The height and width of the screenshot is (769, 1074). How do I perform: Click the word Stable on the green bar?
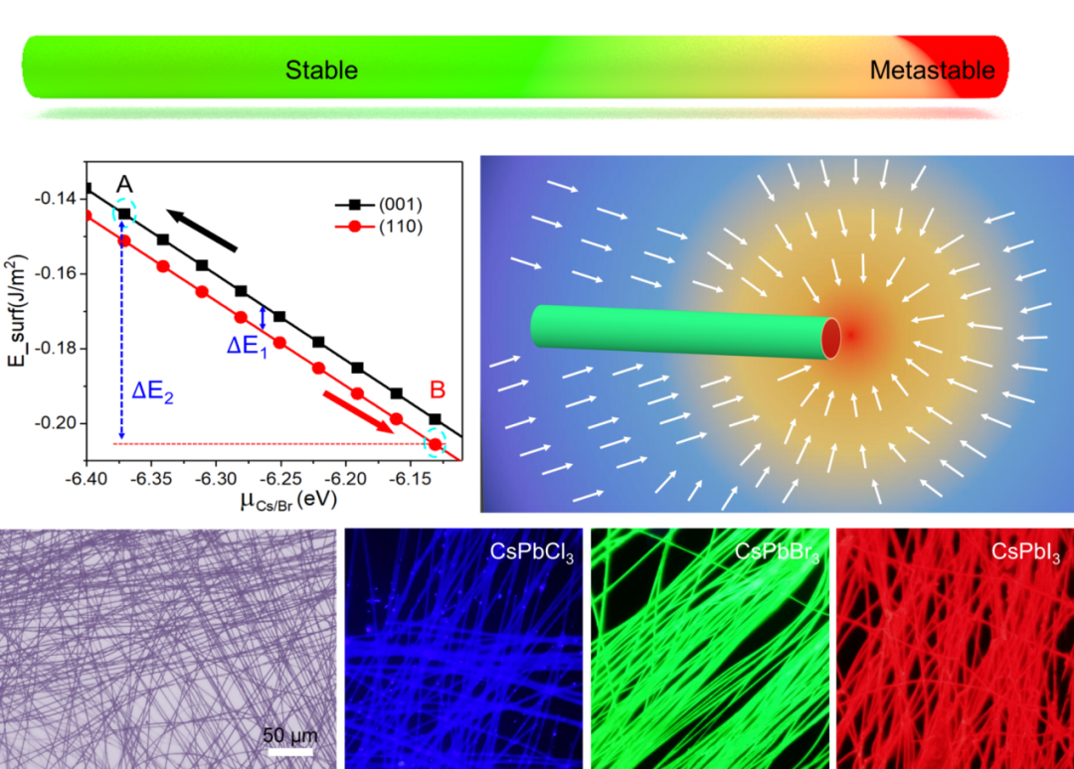click(x=321, y=71)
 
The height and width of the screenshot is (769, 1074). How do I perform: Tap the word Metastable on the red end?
click(x=932, y=71)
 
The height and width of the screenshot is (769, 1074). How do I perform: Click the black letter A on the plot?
click(x=124, y=185)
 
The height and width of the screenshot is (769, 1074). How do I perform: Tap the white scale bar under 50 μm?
click(x=290, y=751)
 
